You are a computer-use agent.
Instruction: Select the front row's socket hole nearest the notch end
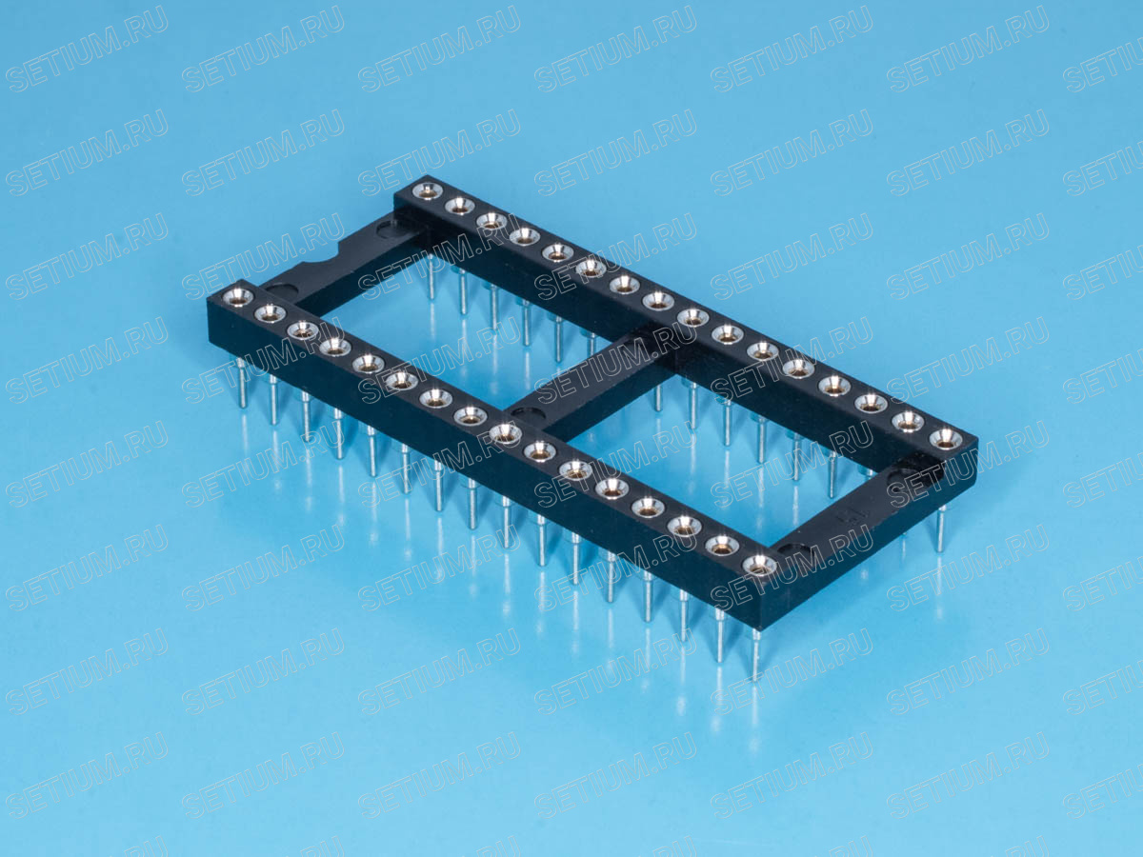coord(237,297)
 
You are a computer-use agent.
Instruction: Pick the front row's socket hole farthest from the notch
coord(759,565)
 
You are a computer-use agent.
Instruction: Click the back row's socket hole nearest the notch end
coord(428,191)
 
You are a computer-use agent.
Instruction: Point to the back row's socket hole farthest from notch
coord(945,438)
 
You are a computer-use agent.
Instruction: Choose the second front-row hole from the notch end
coord(271,313)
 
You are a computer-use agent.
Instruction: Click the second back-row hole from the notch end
coord(460,206)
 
